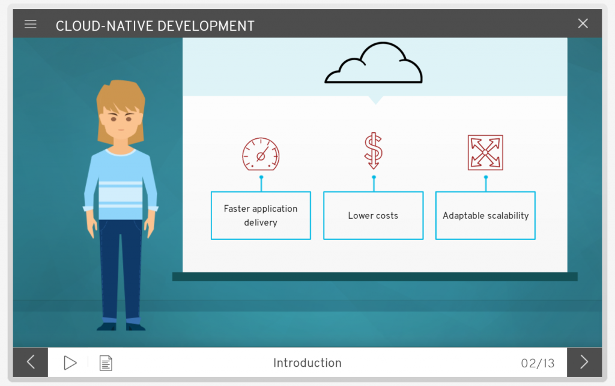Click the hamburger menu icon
30,24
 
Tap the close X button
583,23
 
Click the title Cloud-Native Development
155,26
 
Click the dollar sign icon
373,151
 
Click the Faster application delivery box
261,215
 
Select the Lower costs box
374,215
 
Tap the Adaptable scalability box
485,215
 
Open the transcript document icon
106,363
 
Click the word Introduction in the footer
307,363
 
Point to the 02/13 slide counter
538,363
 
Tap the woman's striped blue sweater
120,185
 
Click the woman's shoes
121,326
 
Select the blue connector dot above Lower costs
374,177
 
